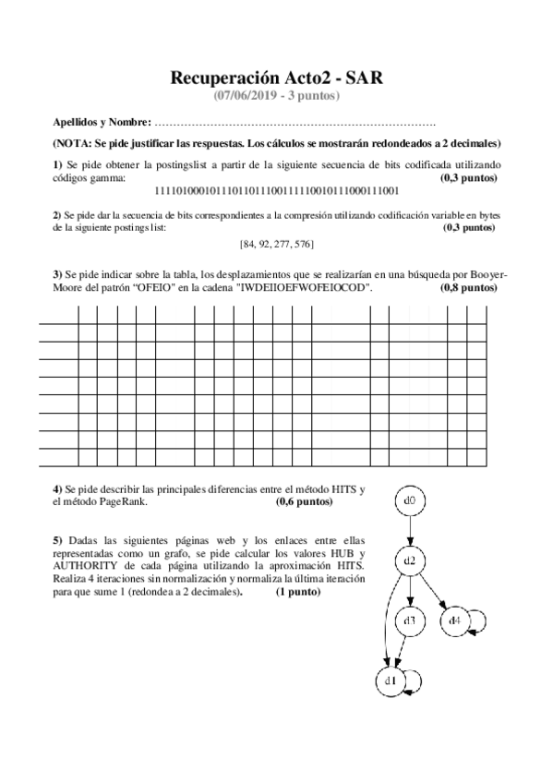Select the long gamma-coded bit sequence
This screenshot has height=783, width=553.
(274, 191)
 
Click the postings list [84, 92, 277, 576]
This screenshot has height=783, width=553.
(276, 244)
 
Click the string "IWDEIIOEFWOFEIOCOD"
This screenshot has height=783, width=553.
(306, 288)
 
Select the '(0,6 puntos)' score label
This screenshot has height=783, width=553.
(304, 503)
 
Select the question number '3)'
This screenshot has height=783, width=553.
(57, 274)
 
